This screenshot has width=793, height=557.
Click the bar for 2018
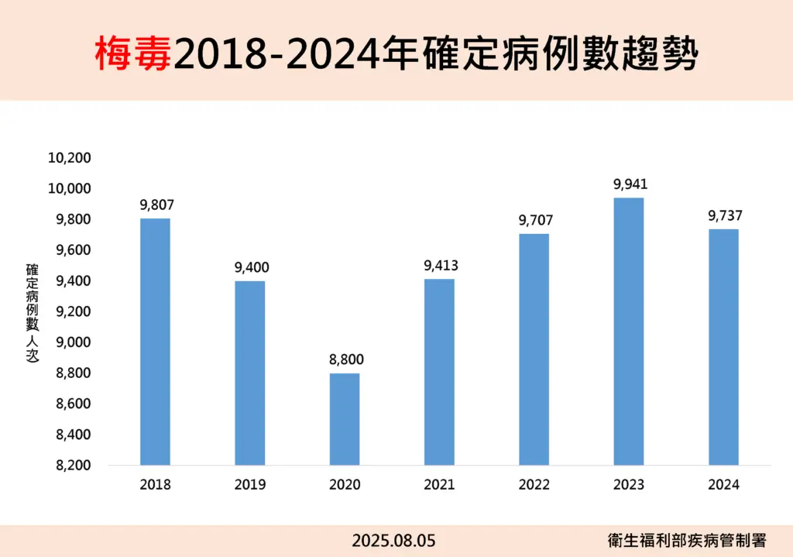pos(155,342)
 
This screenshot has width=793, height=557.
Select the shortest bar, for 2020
pos(345,419)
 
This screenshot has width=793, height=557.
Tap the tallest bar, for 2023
pos(629,332)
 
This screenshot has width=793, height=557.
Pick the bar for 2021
pos(439,372)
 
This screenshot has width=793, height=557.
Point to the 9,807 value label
pos(157,205)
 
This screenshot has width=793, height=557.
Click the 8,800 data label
pos(346,359)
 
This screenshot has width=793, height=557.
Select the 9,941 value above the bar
pos(630,184)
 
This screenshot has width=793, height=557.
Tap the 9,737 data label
pos(725,215)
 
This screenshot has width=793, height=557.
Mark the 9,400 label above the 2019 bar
pos(252,268)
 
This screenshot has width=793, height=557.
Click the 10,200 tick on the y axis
pos(70,158)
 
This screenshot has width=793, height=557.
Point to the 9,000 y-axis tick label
pos(73,342)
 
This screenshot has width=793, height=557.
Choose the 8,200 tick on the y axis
pos(73,466)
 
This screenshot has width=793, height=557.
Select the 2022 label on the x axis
pos(534,485)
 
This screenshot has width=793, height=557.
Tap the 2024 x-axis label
pos(724,485)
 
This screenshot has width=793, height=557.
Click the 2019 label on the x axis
pos(250,485)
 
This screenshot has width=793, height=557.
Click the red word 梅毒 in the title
pos(134,54)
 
